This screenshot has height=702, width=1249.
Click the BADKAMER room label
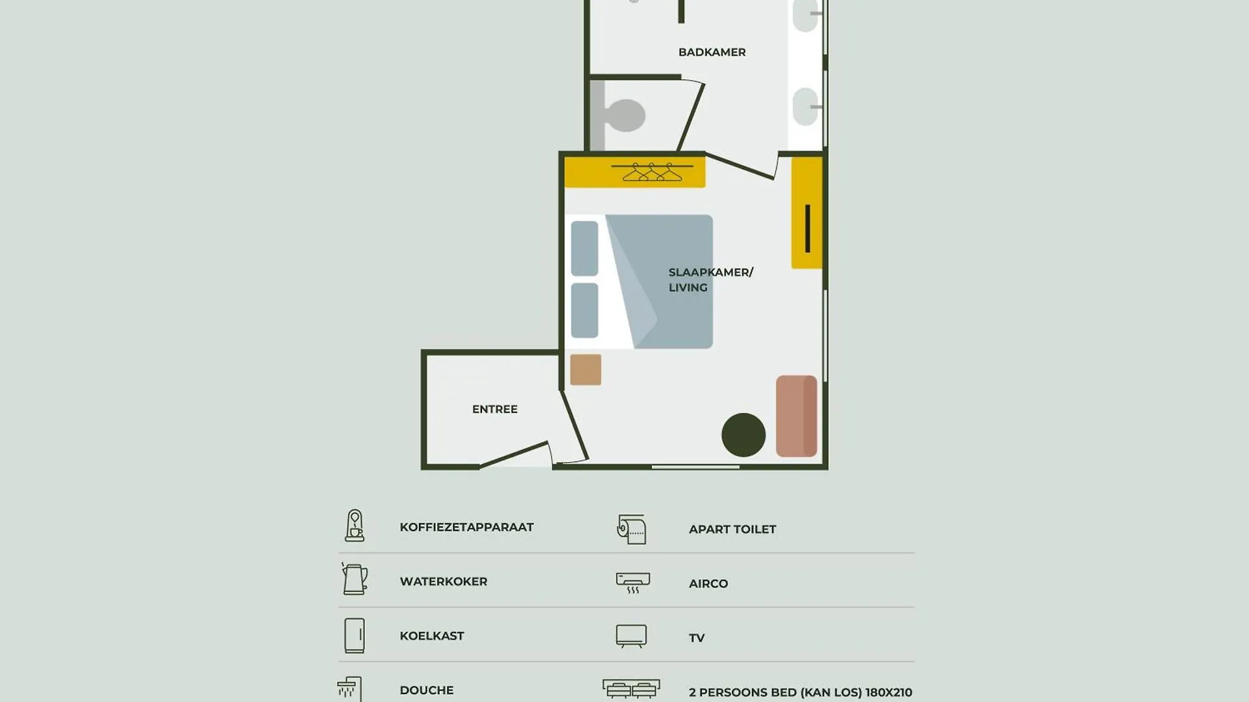point(712,52)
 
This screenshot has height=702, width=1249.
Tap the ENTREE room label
point(495,409)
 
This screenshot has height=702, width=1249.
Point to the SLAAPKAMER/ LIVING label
point(710,279)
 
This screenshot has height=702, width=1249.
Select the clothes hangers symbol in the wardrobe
point(652,172)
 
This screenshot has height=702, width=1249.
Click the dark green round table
point(744,435)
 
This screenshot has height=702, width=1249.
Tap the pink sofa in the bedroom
point(796,416)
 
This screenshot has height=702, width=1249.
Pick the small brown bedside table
point(585,370)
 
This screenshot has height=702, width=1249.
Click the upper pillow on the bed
point(584,248)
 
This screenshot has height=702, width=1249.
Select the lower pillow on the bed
point(584,311)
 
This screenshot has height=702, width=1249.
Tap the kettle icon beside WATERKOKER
point(355,578)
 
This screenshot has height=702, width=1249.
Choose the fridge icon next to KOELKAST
point(355,635)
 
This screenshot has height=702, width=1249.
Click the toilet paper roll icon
point(632,529)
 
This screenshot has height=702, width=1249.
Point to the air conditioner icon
point(633,582)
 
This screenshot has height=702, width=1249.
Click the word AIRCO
point(708,584)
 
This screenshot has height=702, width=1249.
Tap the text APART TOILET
point(732,529)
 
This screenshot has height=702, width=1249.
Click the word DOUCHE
point(427,690)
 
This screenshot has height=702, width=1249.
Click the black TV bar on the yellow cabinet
point(807,228)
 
